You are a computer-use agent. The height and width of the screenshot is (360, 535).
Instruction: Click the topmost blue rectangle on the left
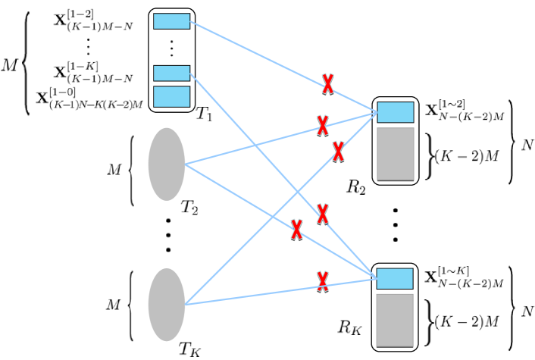(171, 21)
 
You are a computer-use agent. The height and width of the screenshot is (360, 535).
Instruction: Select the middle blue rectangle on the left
(171, 73)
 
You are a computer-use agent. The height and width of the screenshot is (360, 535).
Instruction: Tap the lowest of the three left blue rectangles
(171, 96)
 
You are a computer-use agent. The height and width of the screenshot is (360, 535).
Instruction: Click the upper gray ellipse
(167, 164)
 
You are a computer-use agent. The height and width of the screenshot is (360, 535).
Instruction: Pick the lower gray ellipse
(167, 305)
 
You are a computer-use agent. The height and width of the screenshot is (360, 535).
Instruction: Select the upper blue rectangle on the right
(395, 112)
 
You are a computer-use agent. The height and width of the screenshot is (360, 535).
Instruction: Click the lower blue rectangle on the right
(394, 278)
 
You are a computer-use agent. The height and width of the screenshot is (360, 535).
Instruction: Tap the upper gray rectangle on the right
(395, 154)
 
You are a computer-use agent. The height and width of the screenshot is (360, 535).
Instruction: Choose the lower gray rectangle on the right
(394, 320)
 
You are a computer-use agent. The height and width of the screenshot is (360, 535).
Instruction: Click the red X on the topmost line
(327, 83)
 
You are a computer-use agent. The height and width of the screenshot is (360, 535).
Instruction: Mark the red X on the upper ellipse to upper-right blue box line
(323, 125)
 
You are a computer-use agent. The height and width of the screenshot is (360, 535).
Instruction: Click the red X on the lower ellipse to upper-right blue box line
(338, 151)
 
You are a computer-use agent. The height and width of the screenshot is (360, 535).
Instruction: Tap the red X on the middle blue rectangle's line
(323, 214)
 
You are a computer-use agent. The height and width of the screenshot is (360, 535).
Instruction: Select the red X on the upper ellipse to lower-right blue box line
(296, 229)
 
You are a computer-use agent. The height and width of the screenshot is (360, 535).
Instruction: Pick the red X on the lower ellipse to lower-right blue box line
(323, 281)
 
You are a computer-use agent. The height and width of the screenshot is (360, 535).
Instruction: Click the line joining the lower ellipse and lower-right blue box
(250, 296)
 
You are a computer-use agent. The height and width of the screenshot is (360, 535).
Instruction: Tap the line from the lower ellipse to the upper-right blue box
(250, 239)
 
